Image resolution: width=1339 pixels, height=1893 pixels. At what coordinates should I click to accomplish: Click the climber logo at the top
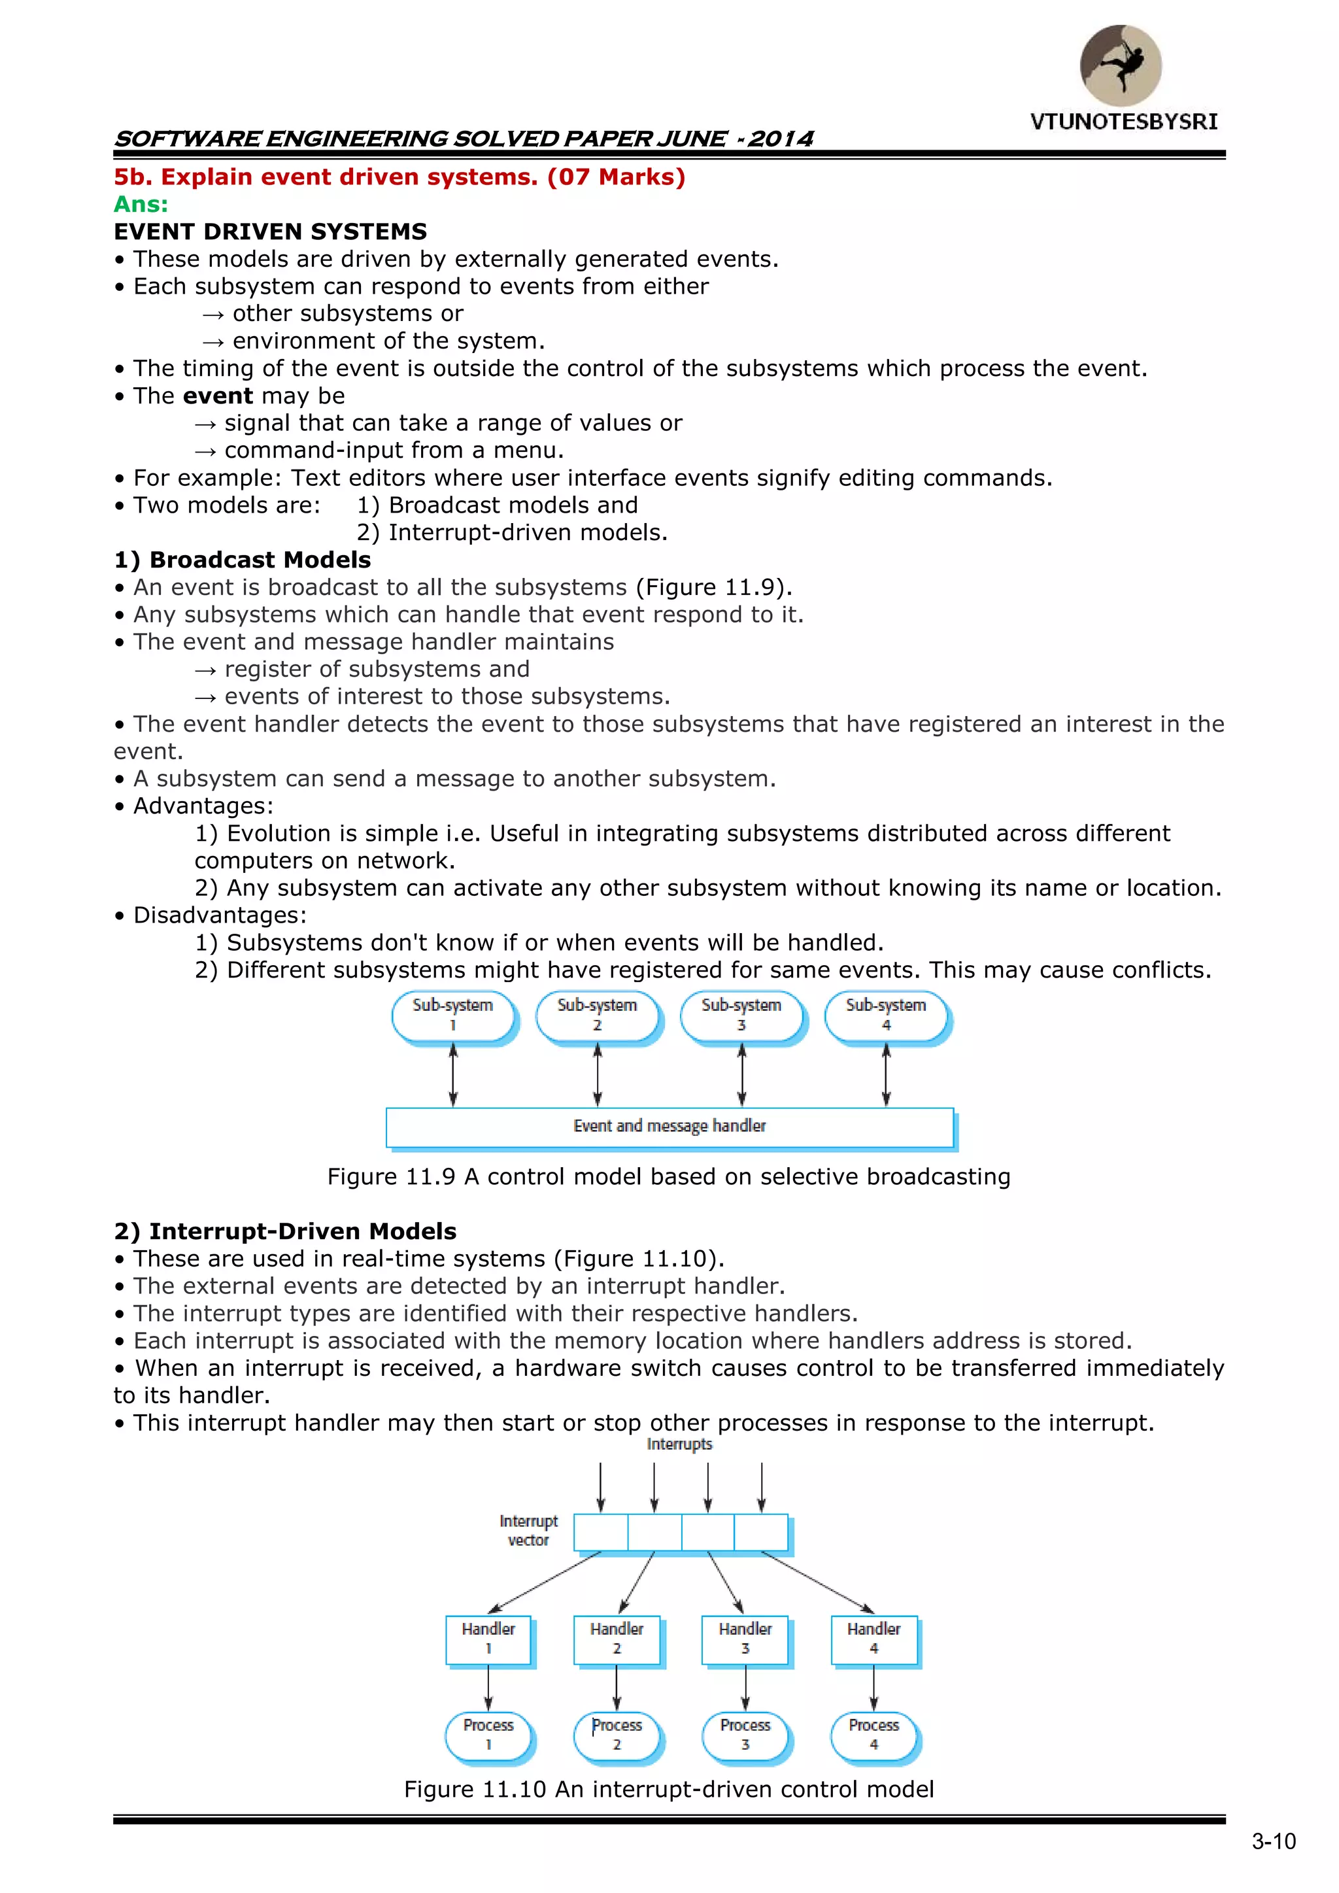tap(1121, 65)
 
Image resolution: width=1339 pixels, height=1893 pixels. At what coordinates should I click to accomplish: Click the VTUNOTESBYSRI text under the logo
tap(1123, 122)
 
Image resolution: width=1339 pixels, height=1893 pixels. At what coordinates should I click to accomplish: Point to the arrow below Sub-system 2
tap(597, 1075)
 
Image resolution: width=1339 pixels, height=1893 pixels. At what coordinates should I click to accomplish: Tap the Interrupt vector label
tap(528, 1530)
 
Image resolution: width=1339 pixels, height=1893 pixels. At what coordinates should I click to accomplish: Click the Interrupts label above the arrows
tap(679, 1444)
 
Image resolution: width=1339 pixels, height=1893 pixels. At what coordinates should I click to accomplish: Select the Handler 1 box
tap(488, 1639)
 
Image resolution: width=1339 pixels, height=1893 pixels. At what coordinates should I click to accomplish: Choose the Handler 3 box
tap(745, 1639)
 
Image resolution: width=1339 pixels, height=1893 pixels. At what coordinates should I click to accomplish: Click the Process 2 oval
tap(617, 1735)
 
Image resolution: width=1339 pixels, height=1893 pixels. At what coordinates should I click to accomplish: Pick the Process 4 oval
tap(874, 1735)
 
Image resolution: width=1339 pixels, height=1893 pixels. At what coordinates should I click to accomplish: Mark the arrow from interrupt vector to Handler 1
tap(544, 1583)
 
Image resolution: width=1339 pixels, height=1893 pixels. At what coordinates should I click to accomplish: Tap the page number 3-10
tap(1273, 1842)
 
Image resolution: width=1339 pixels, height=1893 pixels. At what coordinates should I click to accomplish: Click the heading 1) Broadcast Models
tap(243, 560)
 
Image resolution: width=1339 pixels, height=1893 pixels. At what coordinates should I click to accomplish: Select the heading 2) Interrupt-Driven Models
tap(285, 1231)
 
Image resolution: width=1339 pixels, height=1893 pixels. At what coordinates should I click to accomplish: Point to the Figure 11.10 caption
tap(669, 1789)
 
